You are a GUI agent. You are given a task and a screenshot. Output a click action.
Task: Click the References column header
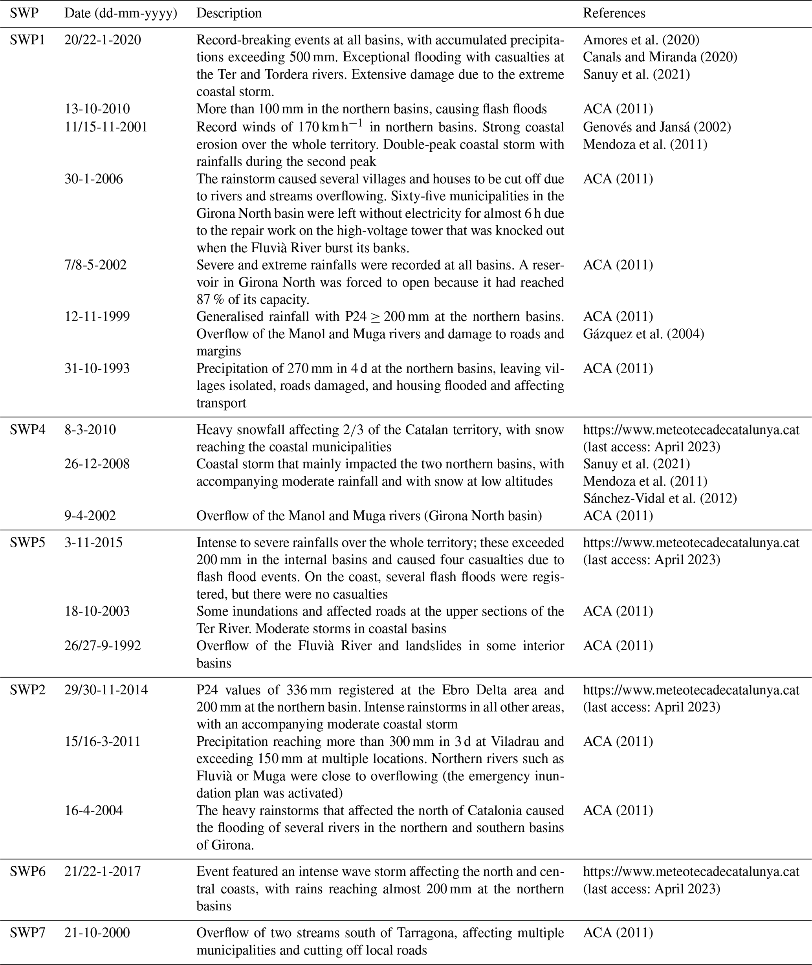(614, 13)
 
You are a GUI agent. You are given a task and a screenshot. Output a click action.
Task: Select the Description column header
(229, 13)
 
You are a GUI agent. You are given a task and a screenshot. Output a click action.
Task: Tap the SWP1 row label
(27, 40)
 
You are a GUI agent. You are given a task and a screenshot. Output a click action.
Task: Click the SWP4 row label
(27, 429)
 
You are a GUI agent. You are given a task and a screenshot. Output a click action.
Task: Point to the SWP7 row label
(27, 933)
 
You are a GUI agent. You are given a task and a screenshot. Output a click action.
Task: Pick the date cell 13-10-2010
(97, 109)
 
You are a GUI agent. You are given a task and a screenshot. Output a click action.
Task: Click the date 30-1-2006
(93, 179)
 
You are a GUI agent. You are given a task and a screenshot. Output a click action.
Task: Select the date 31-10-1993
(97, 368)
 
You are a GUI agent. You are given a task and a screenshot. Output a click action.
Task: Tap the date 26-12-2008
(97, 464)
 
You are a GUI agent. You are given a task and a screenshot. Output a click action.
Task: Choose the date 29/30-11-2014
(106, 690)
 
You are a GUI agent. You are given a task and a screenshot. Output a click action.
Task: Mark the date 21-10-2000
(97, 933)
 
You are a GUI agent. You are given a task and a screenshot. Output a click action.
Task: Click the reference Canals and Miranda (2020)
(660, 57)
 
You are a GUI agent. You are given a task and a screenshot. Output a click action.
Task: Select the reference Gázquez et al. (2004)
(643, 334)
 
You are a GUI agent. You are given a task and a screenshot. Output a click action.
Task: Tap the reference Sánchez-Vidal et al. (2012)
(660, 498)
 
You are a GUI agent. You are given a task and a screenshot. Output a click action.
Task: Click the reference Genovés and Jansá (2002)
(657, 127)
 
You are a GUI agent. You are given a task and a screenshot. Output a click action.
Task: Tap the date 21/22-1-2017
(102, 871)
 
